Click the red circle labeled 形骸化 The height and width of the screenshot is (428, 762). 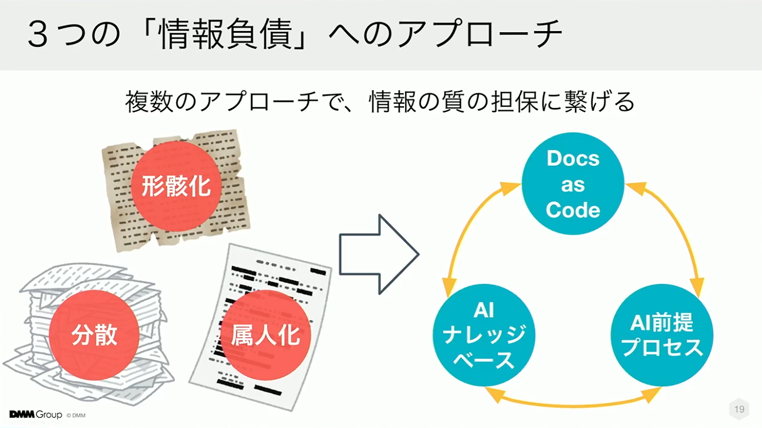pyautogui.click(x=176, y=186)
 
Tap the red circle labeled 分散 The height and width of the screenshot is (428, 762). pyautogui.click(x=95, y=335)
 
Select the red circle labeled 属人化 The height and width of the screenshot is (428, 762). pyautogui.click(x=265, y=335)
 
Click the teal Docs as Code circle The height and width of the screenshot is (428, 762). pyautogui.click(x=573, y=184)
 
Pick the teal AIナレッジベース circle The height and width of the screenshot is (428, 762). pyautogui.click(x=484, y=335)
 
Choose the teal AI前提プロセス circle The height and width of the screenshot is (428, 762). pyautogui.click(x=662, y=335)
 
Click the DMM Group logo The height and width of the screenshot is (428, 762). pyautogui.click(x=36, y=415)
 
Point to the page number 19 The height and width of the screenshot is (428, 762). pyautogui.click(x=740, y=409)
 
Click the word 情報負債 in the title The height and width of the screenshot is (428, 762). pyautogui.click(x=225, y=34)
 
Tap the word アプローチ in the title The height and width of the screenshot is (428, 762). pyautogui.click(x=479, y=34)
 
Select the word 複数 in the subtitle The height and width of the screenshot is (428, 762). pyautogui.click(x=149, y=101)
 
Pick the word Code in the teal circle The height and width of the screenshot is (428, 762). pyautogui.click(x=573, y=210)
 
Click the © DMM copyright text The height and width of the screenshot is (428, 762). pyautogui.click(x=76, y=416)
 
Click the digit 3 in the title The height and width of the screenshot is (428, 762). pyautogui.click(x=38, y=35)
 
